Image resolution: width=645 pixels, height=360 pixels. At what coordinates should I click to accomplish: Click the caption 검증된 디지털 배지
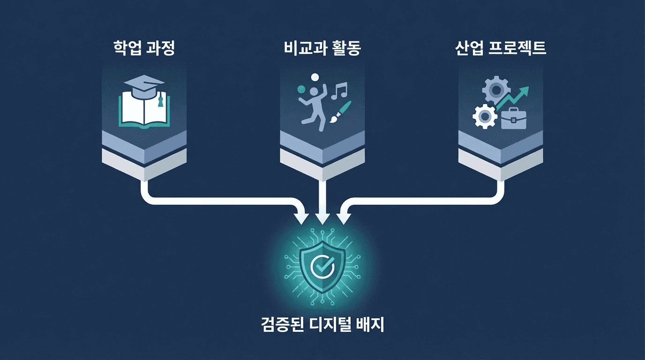click(322, 324)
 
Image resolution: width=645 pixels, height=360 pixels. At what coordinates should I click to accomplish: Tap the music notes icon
click(339, 90)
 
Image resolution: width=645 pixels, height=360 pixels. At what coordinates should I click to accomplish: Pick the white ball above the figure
click(315, 77)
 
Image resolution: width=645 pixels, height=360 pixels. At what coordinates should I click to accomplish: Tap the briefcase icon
click(514, 118)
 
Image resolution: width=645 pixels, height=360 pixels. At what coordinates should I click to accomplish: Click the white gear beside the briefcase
click(484, 116)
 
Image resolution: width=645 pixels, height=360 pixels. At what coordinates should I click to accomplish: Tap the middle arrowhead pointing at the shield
click(322, 218)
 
